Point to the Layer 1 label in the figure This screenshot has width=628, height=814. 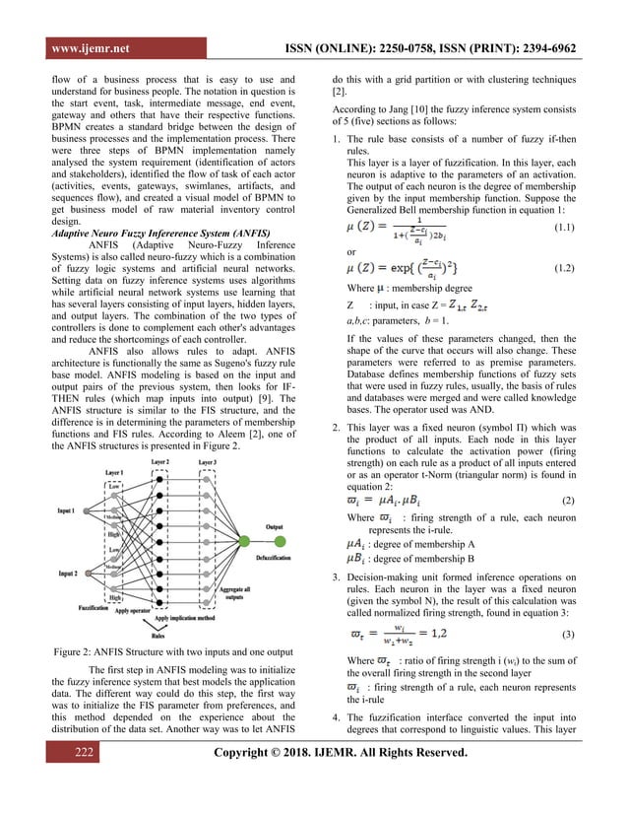116,474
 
